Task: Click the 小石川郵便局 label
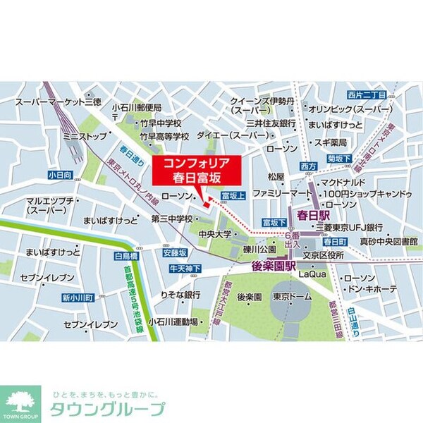(137, 107)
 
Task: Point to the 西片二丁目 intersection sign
(366, 94)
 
